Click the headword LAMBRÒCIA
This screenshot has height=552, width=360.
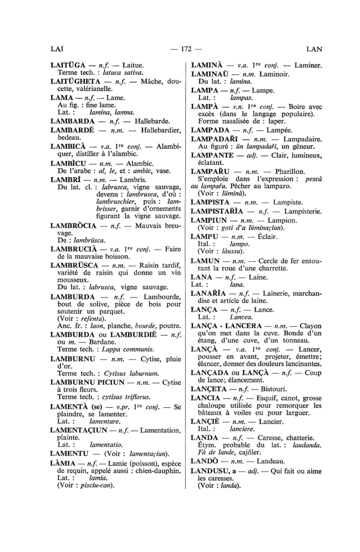tap(73, 226)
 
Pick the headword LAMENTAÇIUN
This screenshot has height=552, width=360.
tap(78, 430)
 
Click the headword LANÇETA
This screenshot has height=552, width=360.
tap(209, 389)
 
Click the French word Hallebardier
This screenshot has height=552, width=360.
tap(161, 130)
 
